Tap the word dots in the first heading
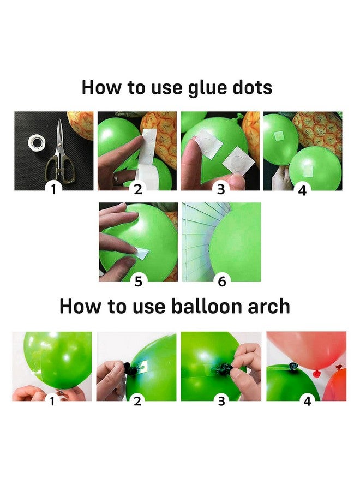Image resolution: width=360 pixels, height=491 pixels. click(251, 87)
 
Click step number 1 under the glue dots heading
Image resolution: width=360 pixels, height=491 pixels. click(53, 190)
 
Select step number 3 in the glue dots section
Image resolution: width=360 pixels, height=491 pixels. click(221, 190)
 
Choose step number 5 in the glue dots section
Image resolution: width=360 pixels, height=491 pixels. click(138, 281)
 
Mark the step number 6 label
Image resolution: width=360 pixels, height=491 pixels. click(221, 281)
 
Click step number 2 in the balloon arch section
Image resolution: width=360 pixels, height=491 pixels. click(137, 401)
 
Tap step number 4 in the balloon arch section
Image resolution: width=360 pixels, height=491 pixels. click(308, 401)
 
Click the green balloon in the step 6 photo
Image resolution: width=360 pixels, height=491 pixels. click(236, 240)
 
